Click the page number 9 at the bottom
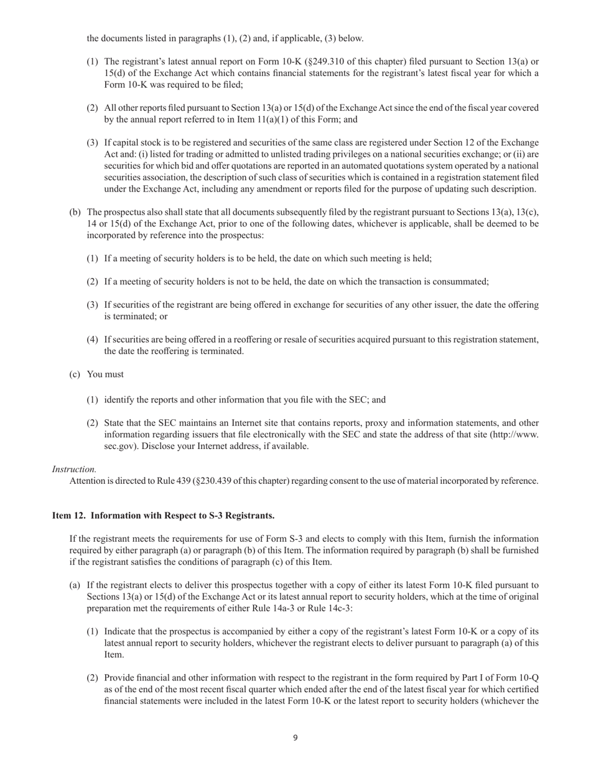pyautogui.click(x=295, y=738)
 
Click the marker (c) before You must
pyautogui.click(x=75, y=374)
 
